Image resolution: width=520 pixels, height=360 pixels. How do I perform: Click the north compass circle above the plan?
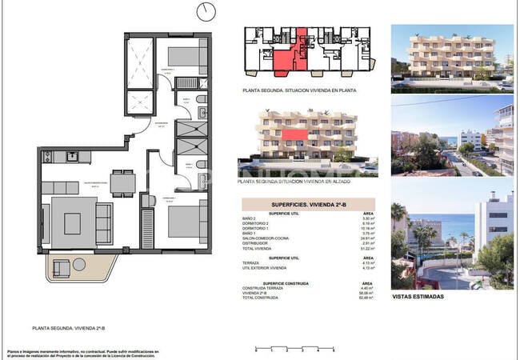click(207, 12)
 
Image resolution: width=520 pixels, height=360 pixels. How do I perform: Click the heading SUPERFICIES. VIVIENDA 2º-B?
click(308, 204)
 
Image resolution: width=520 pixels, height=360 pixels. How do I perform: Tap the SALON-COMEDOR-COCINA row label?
click(264, 238)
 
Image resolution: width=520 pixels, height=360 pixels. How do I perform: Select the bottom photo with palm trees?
click(452, 233)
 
